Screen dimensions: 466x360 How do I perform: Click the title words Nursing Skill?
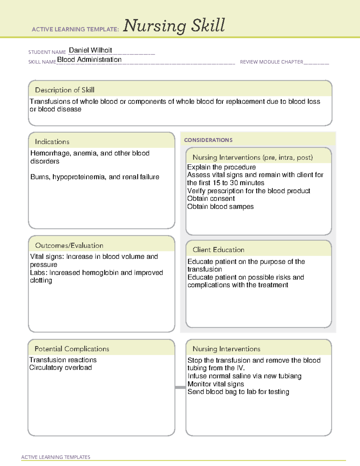(174, 26)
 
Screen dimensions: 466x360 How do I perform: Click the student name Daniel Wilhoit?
(90, 50)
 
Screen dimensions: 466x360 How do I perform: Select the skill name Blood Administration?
(89, 60)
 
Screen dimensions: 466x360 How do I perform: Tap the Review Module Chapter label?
(271, 62)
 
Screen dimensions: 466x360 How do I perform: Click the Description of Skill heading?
(64, 90)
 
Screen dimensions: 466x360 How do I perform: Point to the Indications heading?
(52, 142)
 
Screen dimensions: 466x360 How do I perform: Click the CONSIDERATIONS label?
(208, 140)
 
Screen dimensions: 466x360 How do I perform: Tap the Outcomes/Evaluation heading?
(69, 245)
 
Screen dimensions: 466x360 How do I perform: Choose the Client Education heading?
(218, 250)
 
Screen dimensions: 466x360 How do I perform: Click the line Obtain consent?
(211, 199)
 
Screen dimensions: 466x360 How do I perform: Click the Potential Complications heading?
(72, 349)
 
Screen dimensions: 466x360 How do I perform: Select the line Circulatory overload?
(61, 368)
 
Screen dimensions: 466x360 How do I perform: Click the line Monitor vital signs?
(215, 384)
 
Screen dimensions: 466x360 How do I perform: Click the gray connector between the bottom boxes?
(180, 387)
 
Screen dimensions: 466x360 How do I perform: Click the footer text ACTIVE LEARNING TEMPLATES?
(55, 457)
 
